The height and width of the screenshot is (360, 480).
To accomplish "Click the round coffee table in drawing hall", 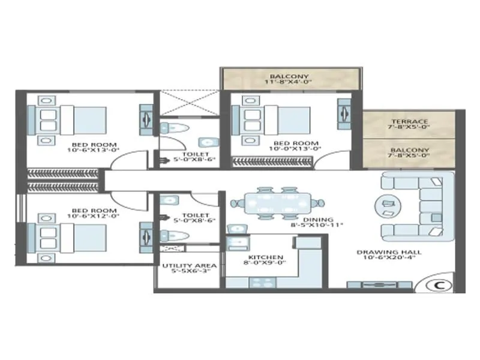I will click(386, 206).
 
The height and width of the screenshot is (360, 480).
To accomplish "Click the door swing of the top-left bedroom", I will click(132, 159).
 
